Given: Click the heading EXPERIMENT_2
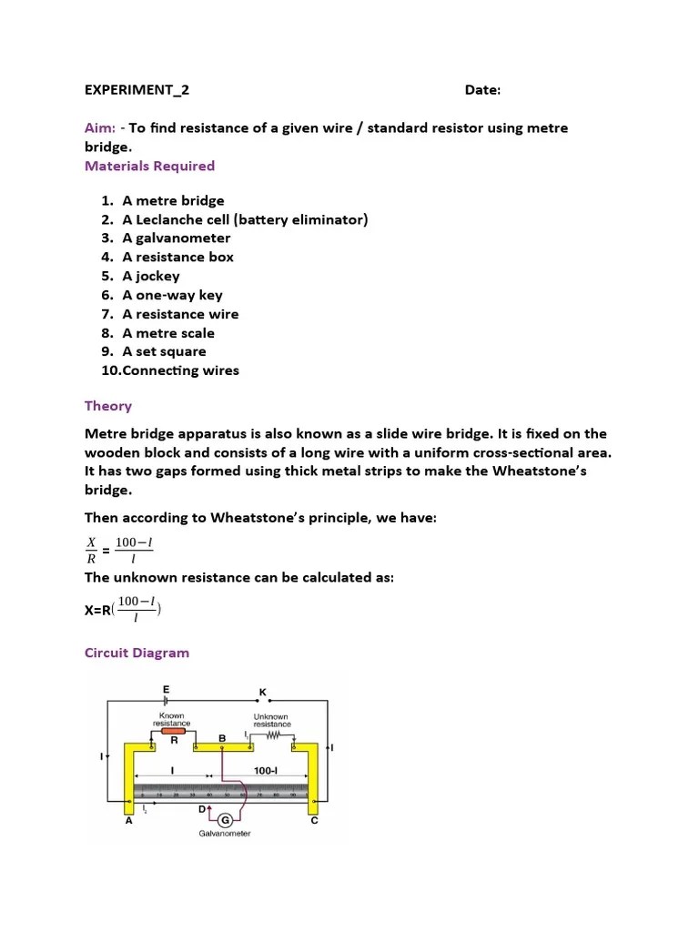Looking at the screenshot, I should [x=137, y=90].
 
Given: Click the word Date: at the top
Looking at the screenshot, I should [x=482, y=90].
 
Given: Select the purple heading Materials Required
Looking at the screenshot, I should [x=149, y=166].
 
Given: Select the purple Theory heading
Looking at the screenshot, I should [x=108, y=406].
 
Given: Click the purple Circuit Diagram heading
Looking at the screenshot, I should [x=137, y=653].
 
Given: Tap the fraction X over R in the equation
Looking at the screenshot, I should [x=91, y=551].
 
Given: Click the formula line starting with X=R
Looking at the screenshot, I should [x=123, y=610].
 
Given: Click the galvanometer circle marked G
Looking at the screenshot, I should [x=224, y=820].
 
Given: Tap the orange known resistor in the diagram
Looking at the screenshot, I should [x=172, y=731].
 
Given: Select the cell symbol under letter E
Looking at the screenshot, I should [x=166, y=702].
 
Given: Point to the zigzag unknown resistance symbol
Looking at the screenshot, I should [x=277, y=734].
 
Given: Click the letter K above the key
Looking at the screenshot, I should [x=263, y=693].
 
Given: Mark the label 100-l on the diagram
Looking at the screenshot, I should [x=266, y=771].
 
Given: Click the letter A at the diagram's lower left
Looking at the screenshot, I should [x=128, y=820].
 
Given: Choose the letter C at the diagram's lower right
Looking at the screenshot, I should [x=315, y=820].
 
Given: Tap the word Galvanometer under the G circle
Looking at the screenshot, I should [x=225, y=834].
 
